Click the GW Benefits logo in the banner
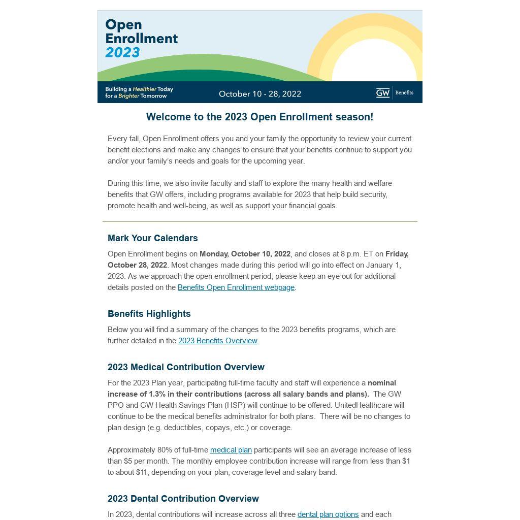(395, 92)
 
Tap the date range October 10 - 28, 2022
(260, 94)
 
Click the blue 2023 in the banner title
(122, 52)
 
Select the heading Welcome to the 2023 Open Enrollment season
(259, 117)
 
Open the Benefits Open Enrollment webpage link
(236, 287)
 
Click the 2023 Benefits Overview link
(217, 341)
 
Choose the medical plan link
(231, 450)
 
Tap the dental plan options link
(328, 514)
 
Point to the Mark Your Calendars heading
(152, 238)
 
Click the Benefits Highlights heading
(149, 314)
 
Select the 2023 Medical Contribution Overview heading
(186, 367)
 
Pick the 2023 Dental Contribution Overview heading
(183, 499)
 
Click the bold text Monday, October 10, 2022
(245, 254)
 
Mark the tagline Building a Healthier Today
(139, 89)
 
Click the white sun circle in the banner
(374, 63)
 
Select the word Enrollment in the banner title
(141, 39)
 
